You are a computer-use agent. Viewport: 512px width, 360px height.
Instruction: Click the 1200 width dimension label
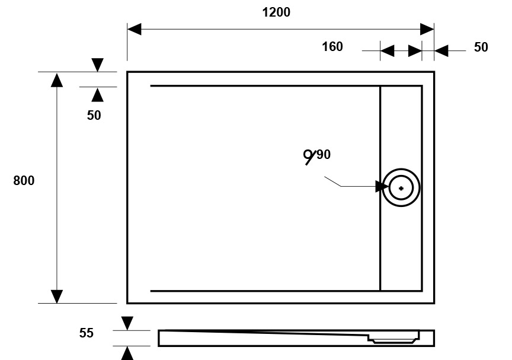[276, 12]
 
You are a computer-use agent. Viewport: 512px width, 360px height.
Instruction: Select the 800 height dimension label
[24, 181]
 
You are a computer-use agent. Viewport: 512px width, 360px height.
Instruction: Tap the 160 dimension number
[332, 47]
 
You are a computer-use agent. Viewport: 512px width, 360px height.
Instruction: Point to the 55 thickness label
[87, 333]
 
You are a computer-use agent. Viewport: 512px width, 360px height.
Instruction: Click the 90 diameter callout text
[323, 155]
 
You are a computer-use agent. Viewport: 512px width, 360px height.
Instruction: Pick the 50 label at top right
[481, 47]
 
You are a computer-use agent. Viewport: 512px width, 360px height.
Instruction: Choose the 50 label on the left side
[94, 116]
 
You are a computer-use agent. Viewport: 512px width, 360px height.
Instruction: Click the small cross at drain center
[401, 189]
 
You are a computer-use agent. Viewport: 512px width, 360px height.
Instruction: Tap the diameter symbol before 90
[309, 157]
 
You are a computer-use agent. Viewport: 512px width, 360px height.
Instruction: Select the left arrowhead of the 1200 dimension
[135, 29]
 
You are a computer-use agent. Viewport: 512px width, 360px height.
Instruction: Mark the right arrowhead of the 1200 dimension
[427, 29]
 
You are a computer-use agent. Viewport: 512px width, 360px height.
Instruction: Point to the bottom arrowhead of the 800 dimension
[57, 295]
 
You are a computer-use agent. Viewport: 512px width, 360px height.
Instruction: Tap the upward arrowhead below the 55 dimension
[127, 353]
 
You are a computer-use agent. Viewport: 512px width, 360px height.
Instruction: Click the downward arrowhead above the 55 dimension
[127, 323]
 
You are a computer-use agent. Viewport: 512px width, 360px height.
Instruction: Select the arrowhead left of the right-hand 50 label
[441, 52]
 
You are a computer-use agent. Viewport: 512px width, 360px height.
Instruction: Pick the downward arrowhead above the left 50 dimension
[98, 65]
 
